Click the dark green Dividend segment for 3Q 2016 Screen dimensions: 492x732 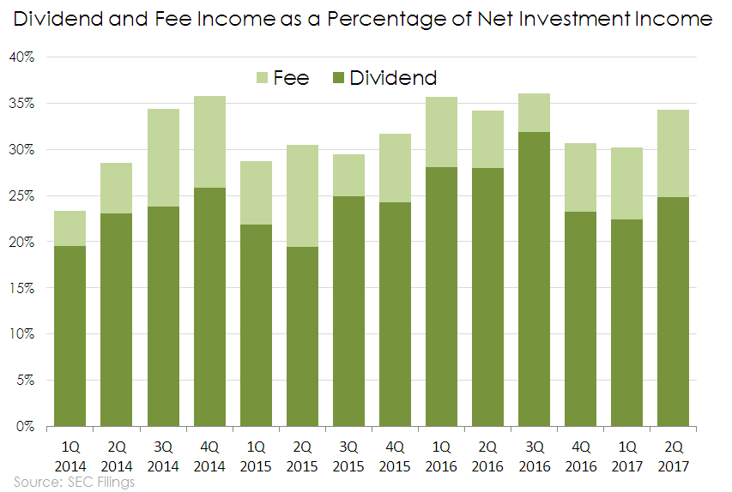pyautogui.click(x=535, y=279)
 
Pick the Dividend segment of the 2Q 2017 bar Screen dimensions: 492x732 pyautogui.click(x=674, y=311)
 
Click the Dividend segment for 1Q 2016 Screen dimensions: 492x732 pyautogui.click(x=441, y=297)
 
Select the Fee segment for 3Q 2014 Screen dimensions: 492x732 pyautogui.click(x=163, y=158)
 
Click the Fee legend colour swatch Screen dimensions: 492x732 pyautogui.click(x=263, y=78)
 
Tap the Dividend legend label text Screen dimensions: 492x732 pyautogui.click(x=393, y=78)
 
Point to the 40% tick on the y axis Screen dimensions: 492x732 pyautogui.click(x=22, y=57)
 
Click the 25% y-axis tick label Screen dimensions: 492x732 pyautogui.click(x=22, y=196)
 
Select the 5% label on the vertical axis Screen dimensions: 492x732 pyautogui.click(x=26, y=381)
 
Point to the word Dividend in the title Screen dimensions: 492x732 pyautogui.click(x=61, y=18)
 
